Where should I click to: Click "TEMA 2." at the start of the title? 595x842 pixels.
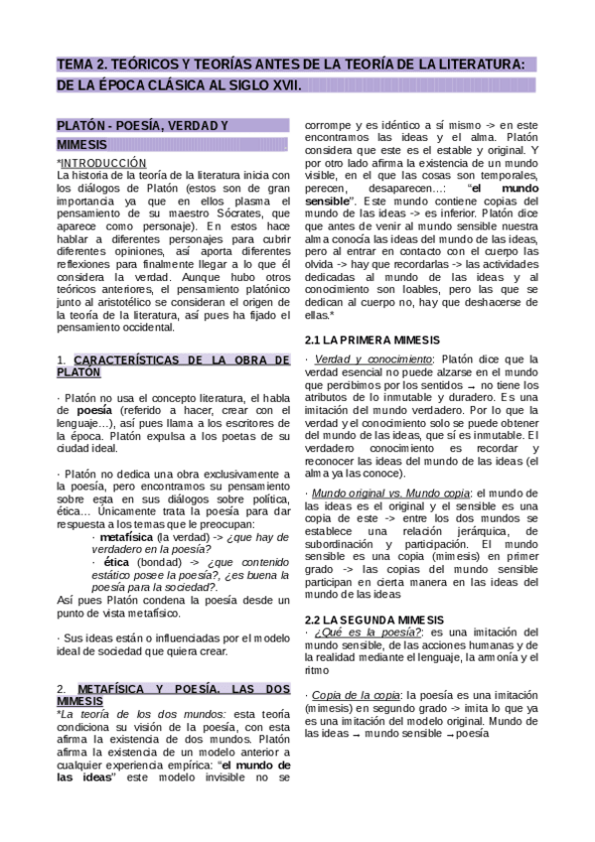tap(82, 65)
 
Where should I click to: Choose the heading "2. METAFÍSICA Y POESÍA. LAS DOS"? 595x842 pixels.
tap(173, 687)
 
